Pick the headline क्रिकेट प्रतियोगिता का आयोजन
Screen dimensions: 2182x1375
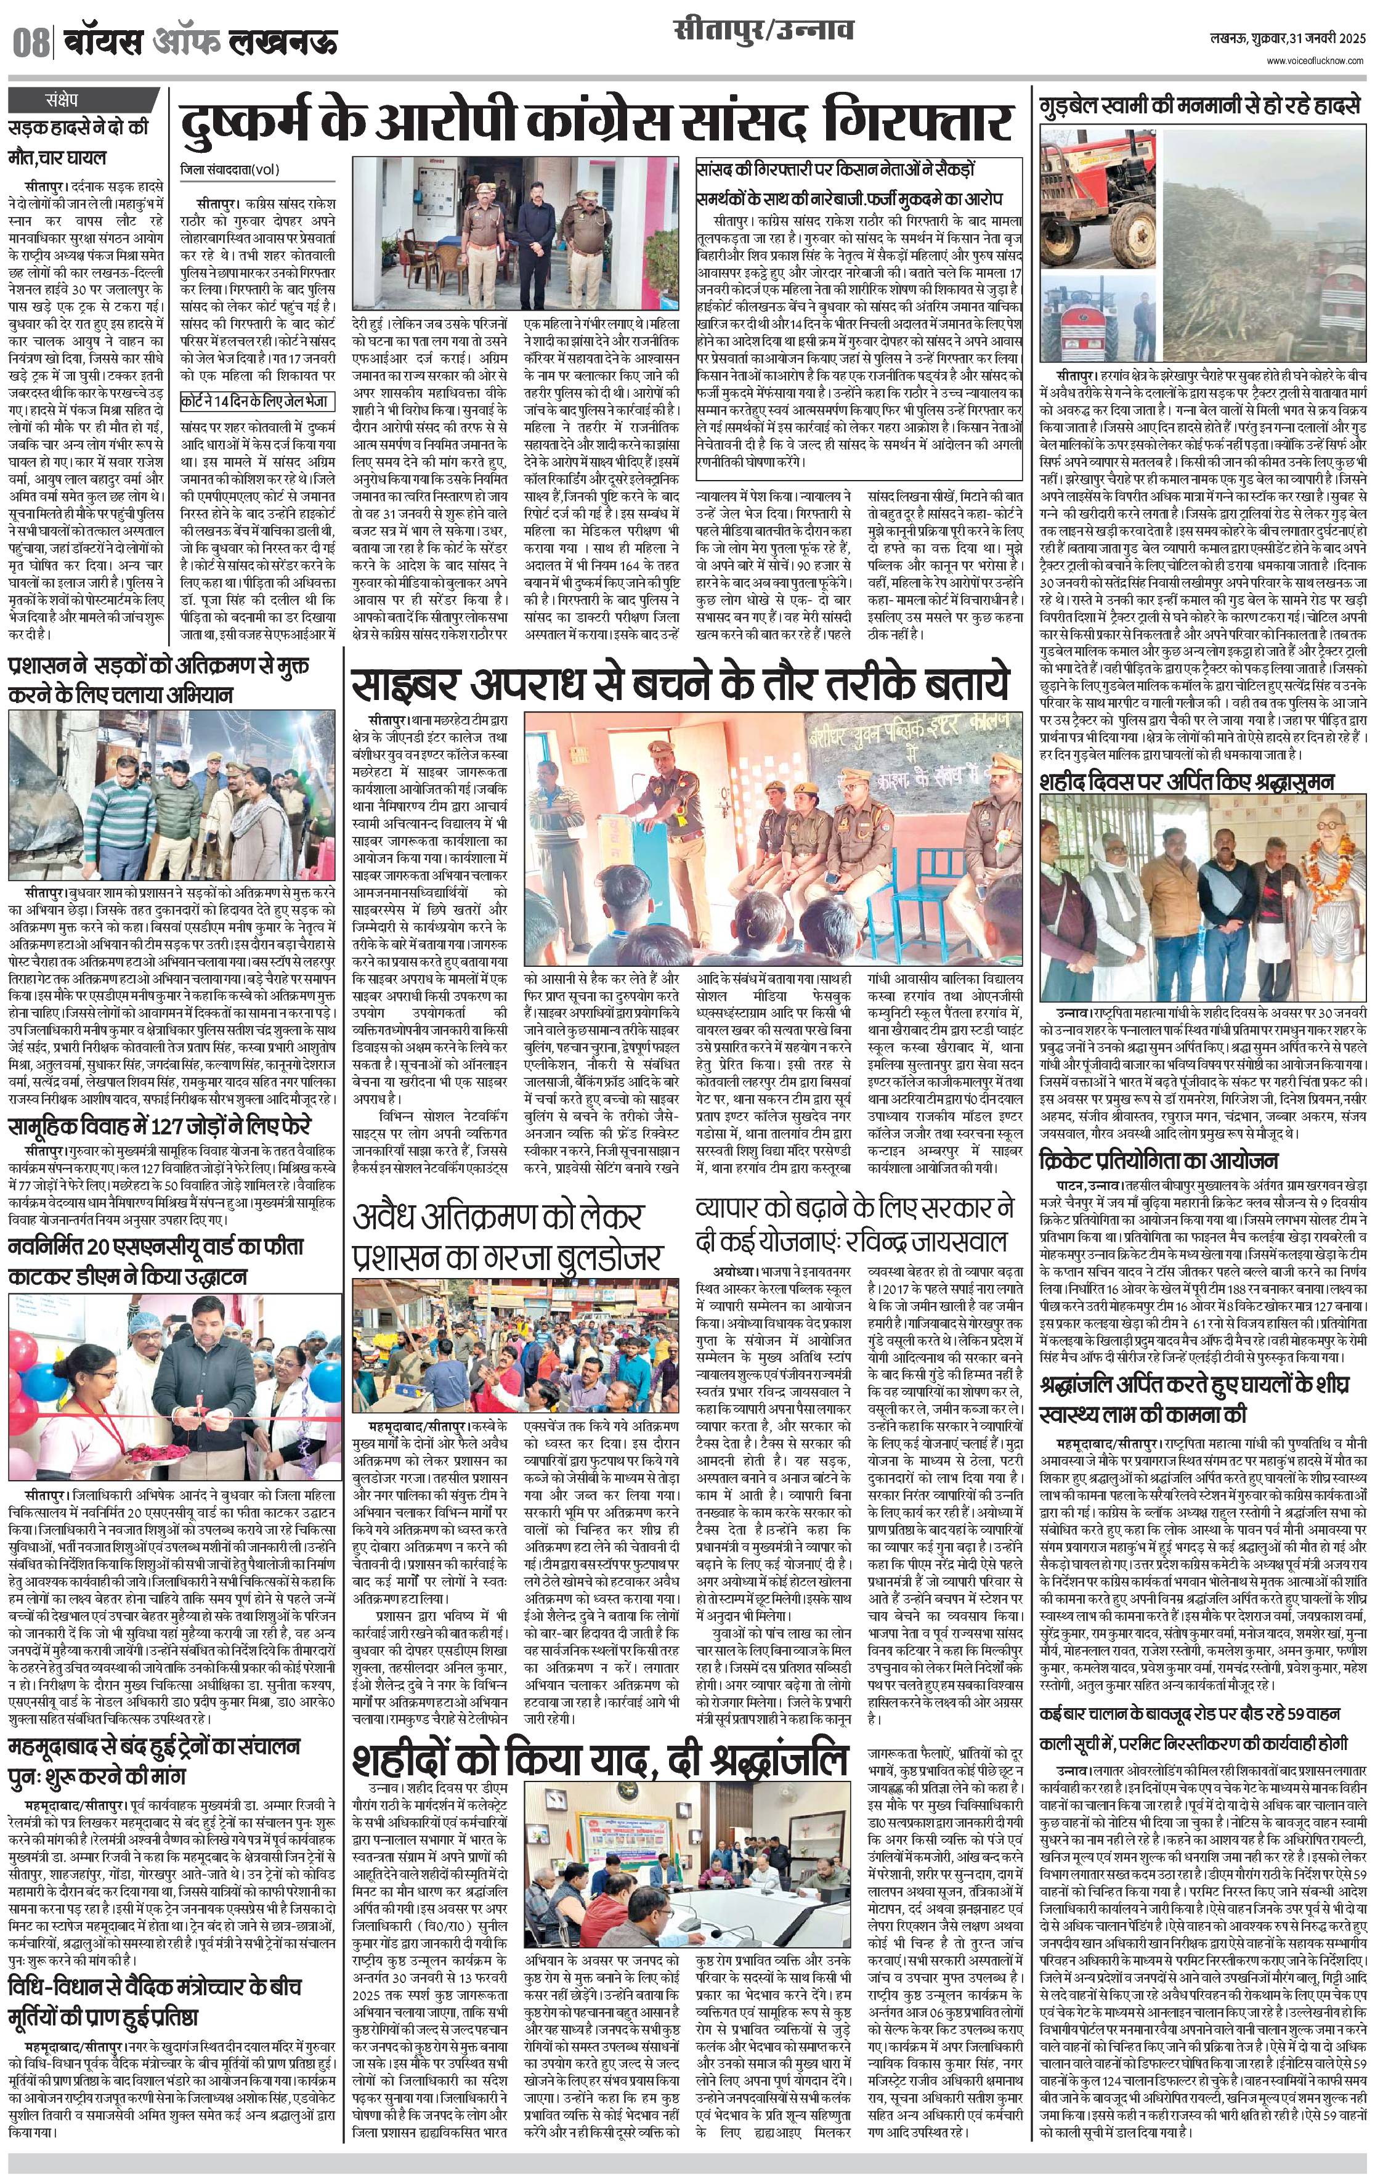[x=1158, y=1161]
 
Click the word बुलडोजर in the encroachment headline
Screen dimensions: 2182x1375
[x=614, y=1258]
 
